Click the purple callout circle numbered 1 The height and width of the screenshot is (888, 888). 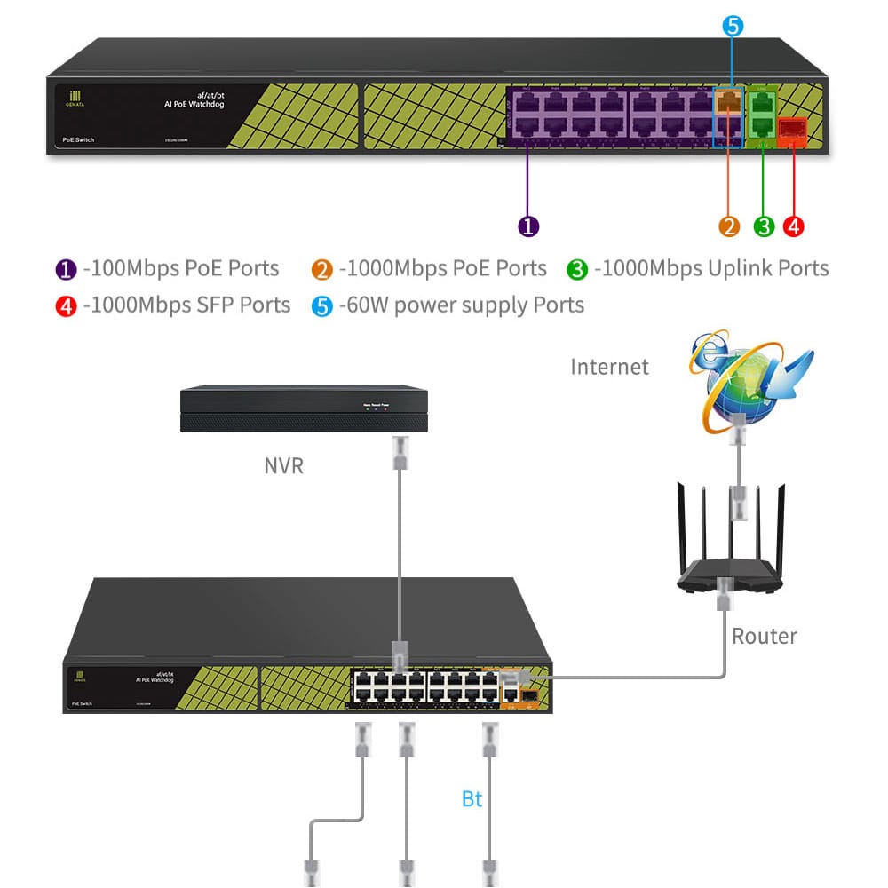click(528, 226)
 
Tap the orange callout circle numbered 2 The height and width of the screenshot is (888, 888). click(729, 226)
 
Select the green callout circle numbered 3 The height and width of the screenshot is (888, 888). click(764, 226)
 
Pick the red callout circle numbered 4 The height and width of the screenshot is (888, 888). click(794, 226)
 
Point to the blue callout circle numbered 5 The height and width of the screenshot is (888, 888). click(733, 26)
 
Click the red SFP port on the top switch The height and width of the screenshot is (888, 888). click(790, 131)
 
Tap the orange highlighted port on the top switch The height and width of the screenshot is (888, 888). click(729, 101)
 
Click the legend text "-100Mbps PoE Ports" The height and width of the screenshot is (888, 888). click(180, 268)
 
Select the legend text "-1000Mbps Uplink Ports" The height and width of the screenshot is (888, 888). click(710, 268)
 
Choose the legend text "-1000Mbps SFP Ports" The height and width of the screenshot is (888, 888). click(186, 305)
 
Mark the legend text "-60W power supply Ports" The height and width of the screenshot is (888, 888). click(461, 305)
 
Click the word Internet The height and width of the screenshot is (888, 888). click(609, 367)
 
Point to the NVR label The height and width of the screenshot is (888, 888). click(284, 465)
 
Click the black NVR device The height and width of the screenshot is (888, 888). click(304, 409)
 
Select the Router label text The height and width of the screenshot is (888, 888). click(764, 636)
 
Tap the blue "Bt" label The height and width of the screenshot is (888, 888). click(472, 799)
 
